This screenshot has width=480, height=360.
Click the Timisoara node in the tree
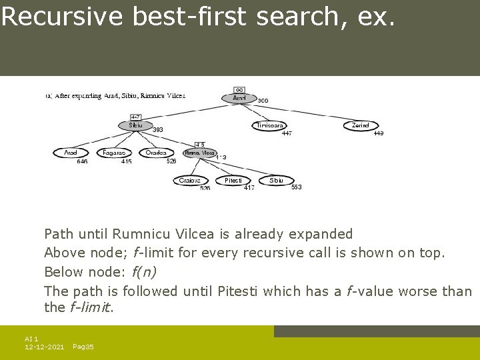click(x=271, y=125)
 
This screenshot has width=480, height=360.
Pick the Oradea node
click(x=157, y=153)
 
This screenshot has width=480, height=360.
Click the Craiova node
click(x=190, y=180)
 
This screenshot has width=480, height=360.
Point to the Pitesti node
click(x=233, y=180)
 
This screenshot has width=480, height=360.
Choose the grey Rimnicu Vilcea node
click(x=200, y=153)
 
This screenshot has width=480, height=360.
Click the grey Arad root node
click(x=239, y=98)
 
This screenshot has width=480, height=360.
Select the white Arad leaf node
click(x=71, y=153)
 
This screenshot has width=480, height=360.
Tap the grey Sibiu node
click(x=135, y=125)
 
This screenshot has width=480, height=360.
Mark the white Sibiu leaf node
click(x=276, y=180)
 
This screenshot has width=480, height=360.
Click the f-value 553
click(x=296, y=187)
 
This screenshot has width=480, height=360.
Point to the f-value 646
click(x=82, y=161)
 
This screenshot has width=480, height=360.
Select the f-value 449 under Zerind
click(x=378, y=133)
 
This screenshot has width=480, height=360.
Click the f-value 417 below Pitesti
click(x=249, y=188)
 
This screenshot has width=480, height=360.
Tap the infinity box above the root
click(x=239, y=89)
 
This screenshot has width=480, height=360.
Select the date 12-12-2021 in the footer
click(x=44, y=347)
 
